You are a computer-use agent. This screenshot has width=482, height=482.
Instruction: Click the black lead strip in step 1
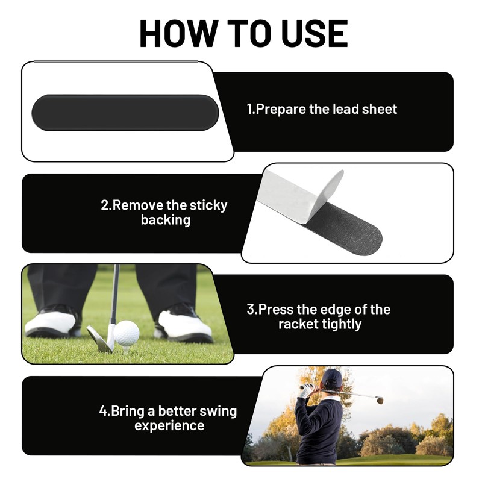tap(125, 112)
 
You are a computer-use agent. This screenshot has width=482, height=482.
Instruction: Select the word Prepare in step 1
tap(282, 110)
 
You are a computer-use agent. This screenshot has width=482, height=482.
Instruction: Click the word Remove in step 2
tap(133, 205)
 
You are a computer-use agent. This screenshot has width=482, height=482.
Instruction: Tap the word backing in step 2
tap(166, 220)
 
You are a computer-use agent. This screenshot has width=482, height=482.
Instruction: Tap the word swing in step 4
tap(218, 412)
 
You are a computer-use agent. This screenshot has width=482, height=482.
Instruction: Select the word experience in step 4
tap(169, 426)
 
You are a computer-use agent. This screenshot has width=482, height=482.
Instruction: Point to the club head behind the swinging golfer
tap(380, 400)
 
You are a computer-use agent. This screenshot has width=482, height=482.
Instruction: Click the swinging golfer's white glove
tap(306, 390)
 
